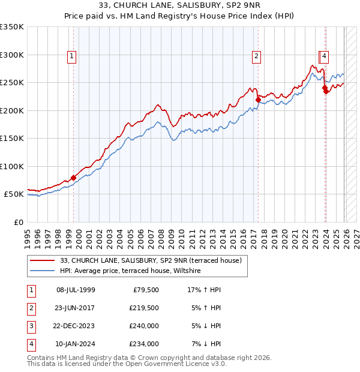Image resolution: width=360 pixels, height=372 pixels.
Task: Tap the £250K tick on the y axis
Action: tap(12, 83)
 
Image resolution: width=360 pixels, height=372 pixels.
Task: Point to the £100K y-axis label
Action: tap(12, 166)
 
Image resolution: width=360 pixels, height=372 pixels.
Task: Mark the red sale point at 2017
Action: tap(258, 100)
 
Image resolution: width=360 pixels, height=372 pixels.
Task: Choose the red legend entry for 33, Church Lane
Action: tap(150, 260)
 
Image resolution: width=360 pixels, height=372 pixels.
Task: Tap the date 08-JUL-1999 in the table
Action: tap(75, 290)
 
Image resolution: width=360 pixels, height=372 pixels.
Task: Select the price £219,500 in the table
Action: tap(143, 308)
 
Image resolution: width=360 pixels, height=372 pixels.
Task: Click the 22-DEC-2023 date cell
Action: tap(75, 326)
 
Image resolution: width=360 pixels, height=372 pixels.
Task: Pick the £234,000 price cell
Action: tap(143, 344)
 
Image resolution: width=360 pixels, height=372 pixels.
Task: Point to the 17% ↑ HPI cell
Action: tap(205, 290)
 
